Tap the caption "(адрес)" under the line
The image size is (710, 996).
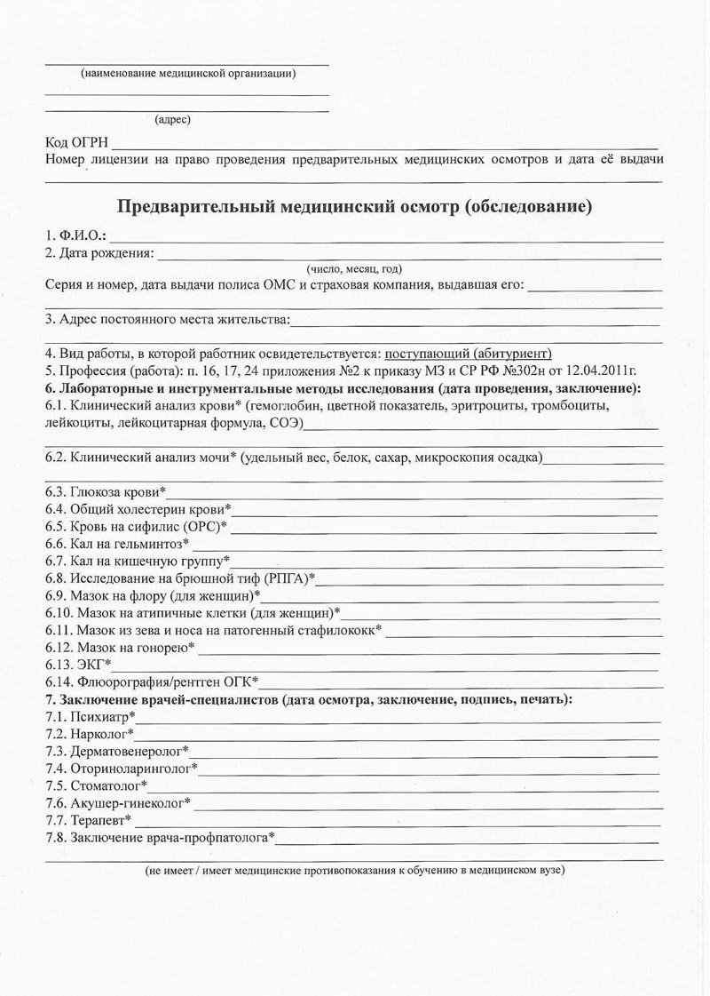(172, 119)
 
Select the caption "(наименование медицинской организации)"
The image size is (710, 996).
(188, 73)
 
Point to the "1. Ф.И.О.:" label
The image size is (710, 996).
(75, 236)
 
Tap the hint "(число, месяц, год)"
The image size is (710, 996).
(354, 268)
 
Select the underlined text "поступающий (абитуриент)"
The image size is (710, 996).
(468, 353)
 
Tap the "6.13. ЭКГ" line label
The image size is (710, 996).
(77, 664)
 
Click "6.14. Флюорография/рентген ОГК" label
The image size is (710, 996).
(151, 681)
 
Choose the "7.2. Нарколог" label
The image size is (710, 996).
(89, 733)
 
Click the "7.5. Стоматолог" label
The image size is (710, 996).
(96, 785)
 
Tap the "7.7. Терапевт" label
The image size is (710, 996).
(88, 819)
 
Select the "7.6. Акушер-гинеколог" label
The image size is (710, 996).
(117, 802)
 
